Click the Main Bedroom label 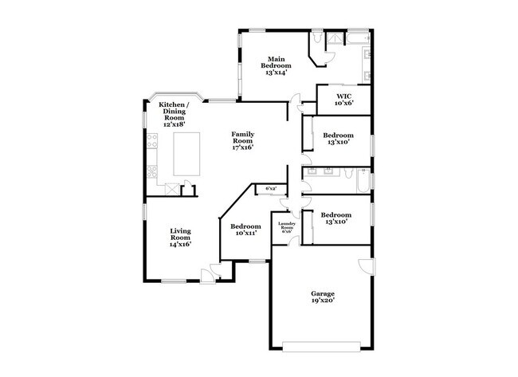[277, 65]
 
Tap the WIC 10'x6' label [343, 102]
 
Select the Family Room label [243, 140]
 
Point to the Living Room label [180, 238]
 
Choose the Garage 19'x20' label [323, 296]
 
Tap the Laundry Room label [286, 227]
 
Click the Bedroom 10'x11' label [245, 230]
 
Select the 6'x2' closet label [270, 189]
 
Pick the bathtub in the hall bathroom [363, 181]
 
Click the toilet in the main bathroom [318, 37]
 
